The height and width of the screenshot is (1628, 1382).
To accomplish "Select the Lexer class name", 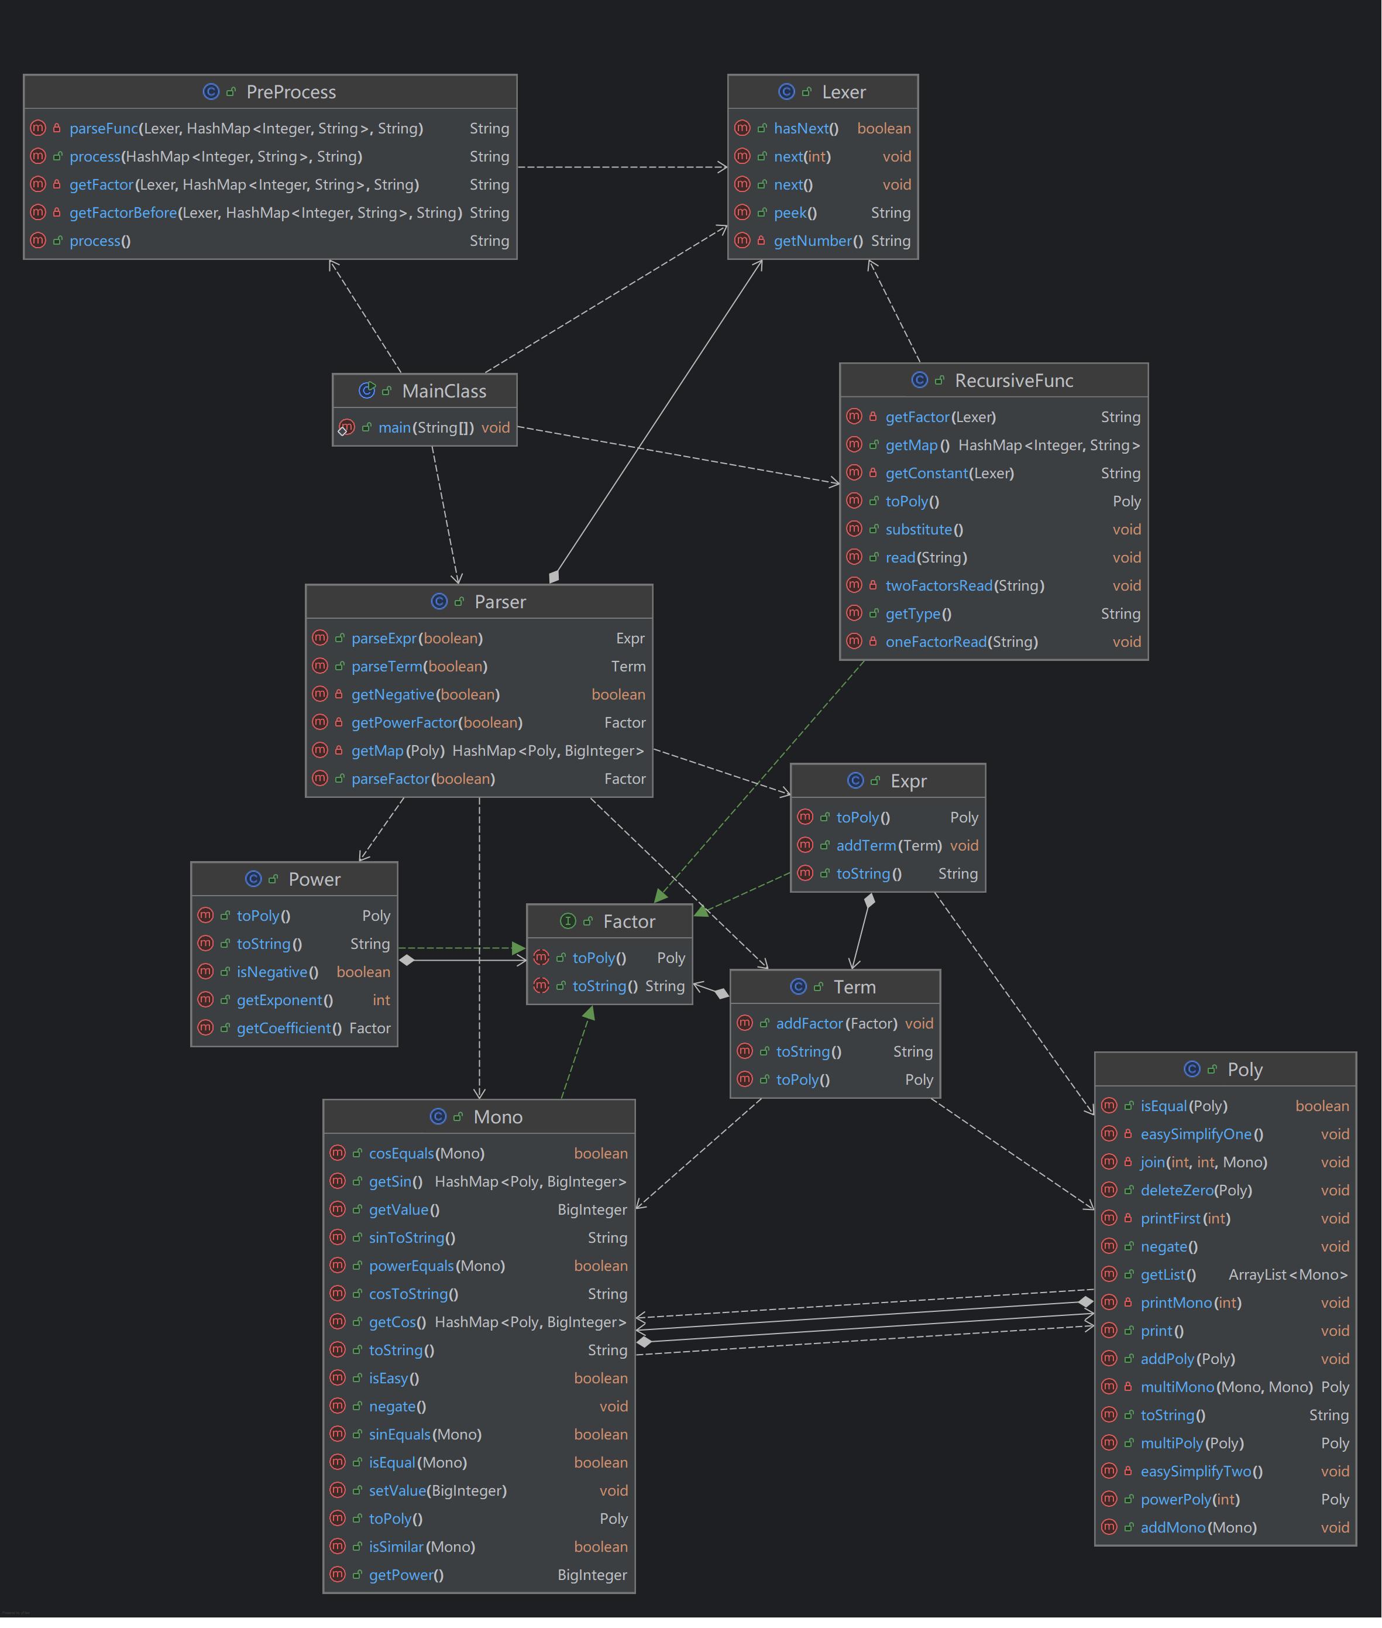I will pos(843,92).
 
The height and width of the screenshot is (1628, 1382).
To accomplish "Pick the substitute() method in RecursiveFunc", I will pos(924,530).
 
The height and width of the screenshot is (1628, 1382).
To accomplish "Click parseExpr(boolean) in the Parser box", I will pos(417,638).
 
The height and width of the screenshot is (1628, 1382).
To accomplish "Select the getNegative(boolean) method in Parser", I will pos(425,694).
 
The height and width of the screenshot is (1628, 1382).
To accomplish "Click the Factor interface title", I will pos(628,922).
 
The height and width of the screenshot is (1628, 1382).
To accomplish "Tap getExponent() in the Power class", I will pos(284,1000).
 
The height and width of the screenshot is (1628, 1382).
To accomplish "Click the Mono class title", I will pos(497,1117).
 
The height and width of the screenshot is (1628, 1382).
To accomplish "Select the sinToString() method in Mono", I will pos(411,1238).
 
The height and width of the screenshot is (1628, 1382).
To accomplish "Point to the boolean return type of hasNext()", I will pos(883,129).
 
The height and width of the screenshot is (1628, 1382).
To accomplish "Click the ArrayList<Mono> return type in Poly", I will pos(1287,1274).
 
